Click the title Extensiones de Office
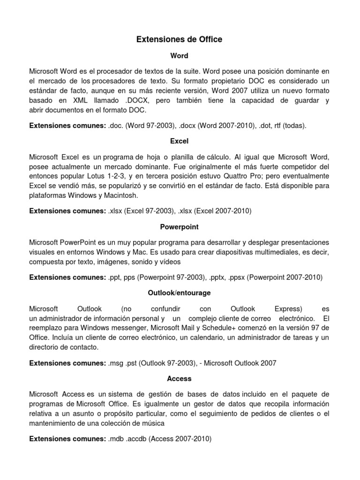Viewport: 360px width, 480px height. [x=179, y=40]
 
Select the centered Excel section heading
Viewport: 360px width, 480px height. [x=179, y=140]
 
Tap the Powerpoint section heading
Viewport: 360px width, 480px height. [x=179, y=226]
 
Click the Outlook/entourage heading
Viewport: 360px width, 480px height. [x=179, y=292]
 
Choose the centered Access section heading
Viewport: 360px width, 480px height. [x=179, y=378]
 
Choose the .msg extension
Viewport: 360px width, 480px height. [x=116, y=363]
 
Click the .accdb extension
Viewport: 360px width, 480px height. [x=140, y=439]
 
